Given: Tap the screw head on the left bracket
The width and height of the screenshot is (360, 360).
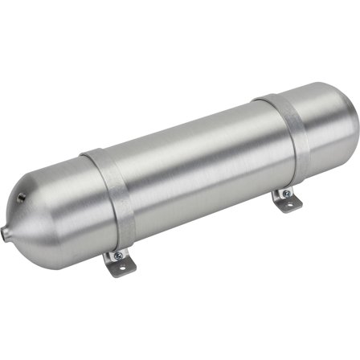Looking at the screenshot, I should pyautogui.click(x=117, y=255).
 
